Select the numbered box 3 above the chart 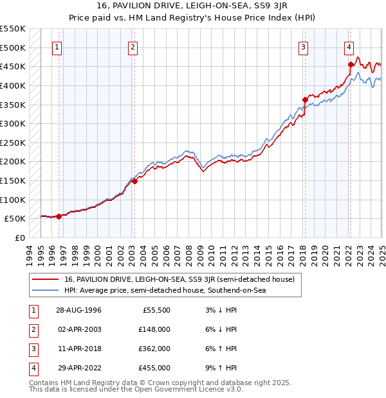click(303, 46)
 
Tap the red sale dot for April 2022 click(351, 64)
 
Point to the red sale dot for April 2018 click(305, 99)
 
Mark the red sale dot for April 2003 click(134, 181)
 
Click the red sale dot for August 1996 click(59, 216)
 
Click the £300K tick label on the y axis click(13, 123)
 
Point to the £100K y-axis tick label click(13, 200)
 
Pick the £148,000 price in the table click(155, 329)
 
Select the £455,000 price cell click(155, 368)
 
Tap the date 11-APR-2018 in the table click(79, 349)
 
